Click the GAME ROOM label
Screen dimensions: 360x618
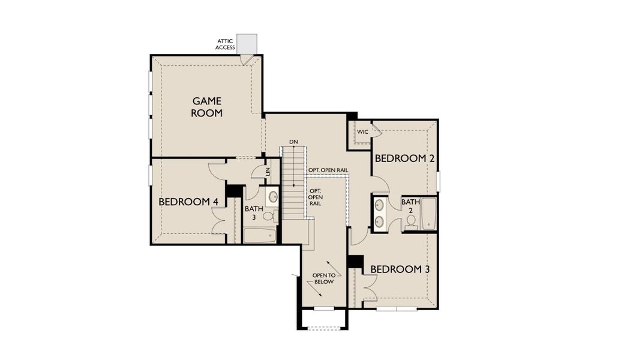tap(207, 107)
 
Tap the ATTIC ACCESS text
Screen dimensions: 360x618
tap(226, 44)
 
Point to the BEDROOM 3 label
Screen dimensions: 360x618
tap(400, 269)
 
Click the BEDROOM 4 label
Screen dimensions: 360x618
tap(188, 202)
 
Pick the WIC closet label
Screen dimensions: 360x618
tap(362, 131)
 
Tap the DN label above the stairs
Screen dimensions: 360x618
tap(293, 142)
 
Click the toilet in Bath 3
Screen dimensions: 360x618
tap(268, 215)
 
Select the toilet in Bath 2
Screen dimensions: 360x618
tap(411, 221)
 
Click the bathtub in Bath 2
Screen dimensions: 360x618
tap(429, 214)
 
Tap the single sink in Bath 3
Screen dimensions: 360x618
tap(273, 196)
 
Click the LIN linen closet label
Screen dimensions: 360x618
tap(268, 172)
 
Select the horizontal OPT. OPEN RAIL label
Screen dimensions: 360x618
tap(328, 170)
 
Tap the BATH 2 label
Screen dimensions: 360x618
tap(410, 206)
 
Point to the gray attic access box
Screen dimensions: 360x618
tap(246, 43)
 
